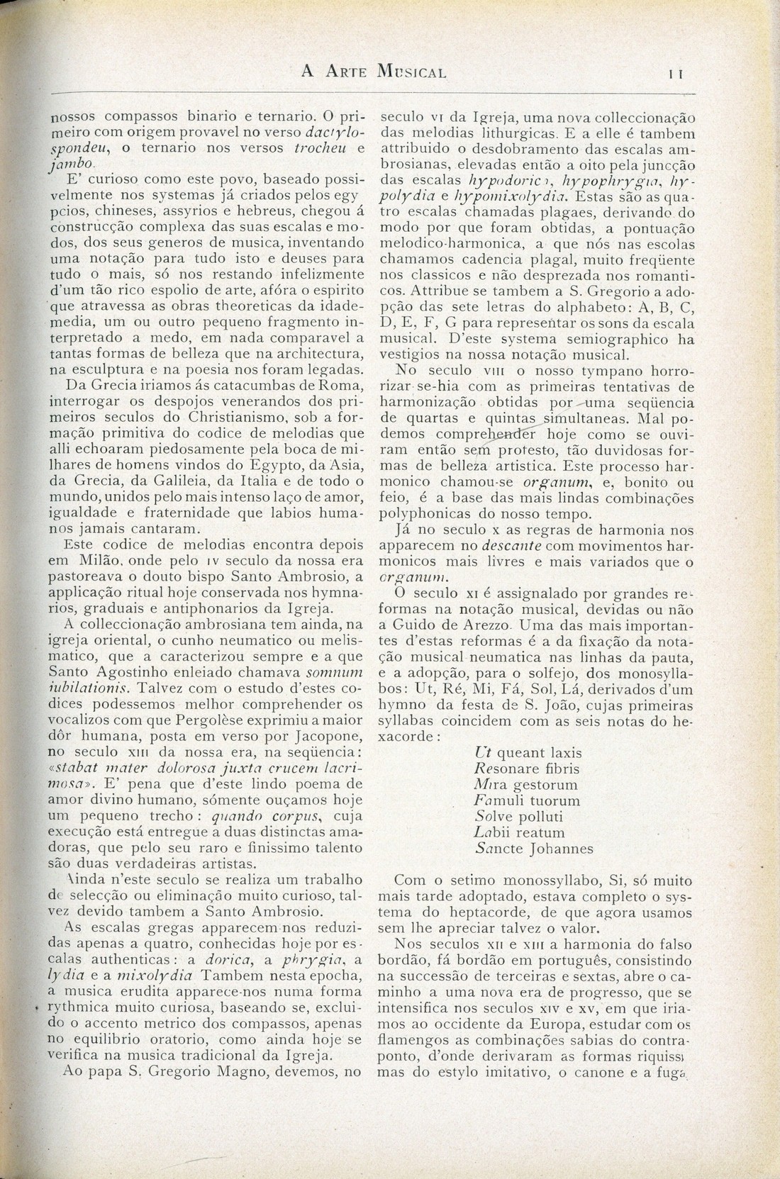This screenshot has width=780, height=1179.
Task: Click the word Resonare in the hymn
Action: [508, 769]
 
